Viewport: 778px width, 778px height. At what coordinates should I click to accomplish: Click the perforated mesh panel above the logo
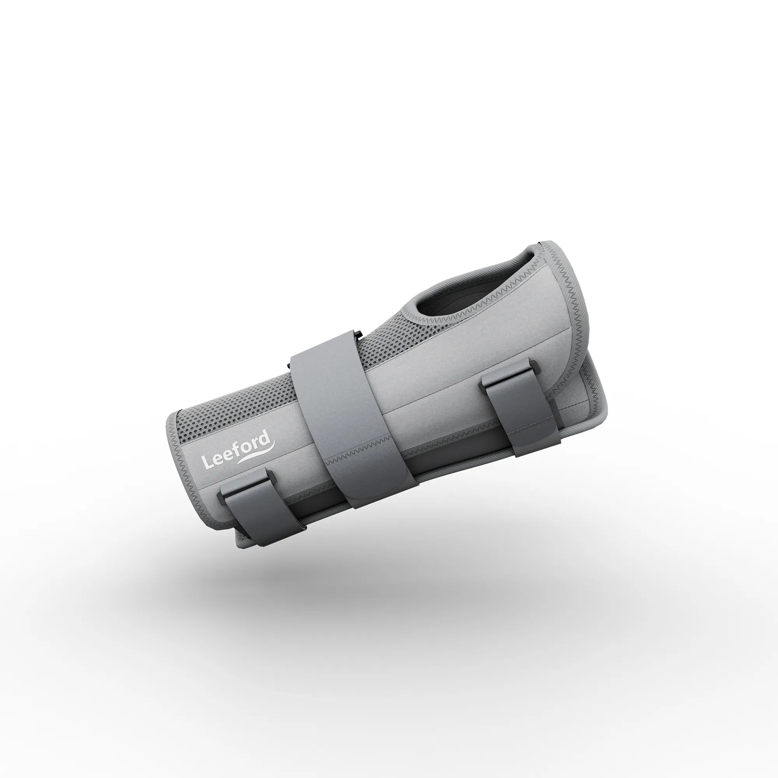click(x=226, y=419)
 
